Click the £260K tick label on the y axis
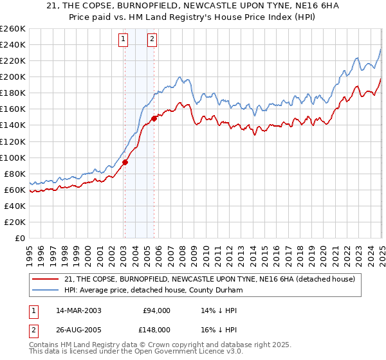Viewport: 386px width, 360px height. pyautogui.click(x=13, y=28)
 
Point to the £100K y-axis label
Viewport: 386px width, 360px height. pyautogui.click(x=13, y=157)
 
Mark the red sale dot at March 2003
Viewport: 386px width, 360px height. pyautogui.click(x=125, y=162)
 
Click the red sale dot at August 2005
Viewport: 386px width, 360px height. pyautogui.click(x=154, y=118)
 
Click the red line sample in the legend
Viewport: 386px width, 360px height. pyautogui.click(x=44, y=279)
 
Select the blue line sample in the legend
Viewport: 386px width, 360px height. pyautogui.click(x=44, y=290)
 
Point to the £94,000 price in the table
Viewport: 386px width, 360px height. pyautogui.click(x=157, y=310)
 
